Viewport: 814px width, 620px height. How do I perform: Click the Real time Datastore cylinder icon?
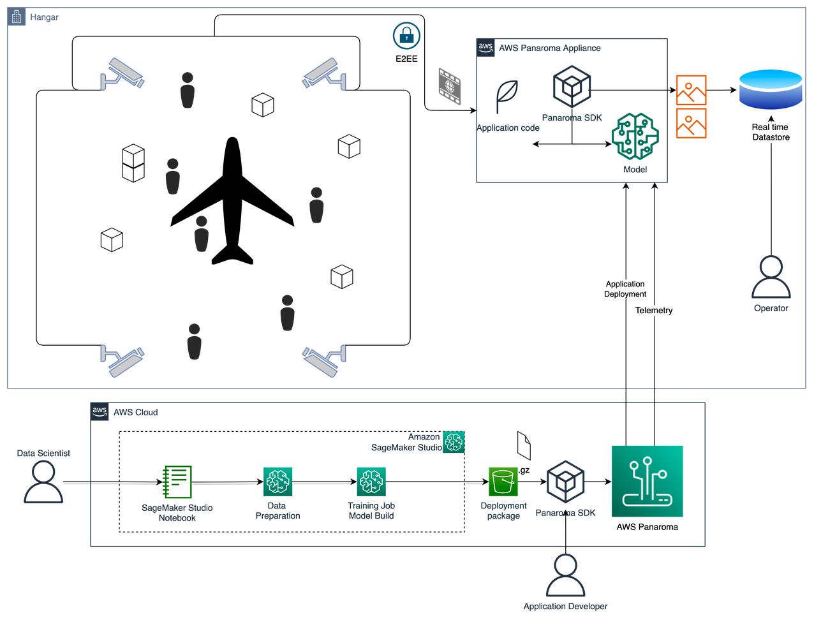point(770,90)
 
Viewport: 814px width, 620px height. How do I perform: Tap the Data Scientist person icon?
point(43,482)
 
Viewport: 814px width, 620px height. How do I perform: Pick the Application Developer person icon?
point(565,576)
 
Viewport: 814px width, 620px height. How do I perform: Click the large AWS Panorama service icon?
point(647,481)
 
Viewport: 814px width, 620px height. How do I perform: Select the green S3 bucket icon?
point(503,481)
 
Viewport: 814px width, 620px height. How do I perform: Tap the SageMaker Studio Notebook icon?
point(177,482)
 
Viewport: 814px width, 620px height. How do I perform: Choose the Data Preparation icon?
point(277,482)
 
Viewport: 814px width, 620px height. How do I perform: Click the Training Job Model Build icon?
point(371,482)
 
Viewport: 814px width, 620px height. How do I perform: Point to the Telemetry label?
point(654,311)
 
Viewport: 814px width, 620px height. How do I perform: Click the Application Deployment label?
point(625,289)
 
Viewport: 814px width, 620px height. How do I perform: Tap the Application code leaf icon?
point(507,96)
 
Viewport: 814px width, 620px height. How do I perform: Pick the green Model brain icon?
point(634,137)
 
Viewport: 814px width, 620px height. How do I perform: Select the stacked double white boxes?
point(133,164)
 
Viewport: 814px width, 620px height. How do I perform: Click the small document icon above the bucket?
point(524,445)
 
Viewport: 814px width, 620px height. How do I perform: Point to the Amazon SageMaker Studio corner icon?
point(454,442)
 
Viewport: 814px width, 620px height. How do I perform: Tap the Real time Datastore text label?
point(771,132)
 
